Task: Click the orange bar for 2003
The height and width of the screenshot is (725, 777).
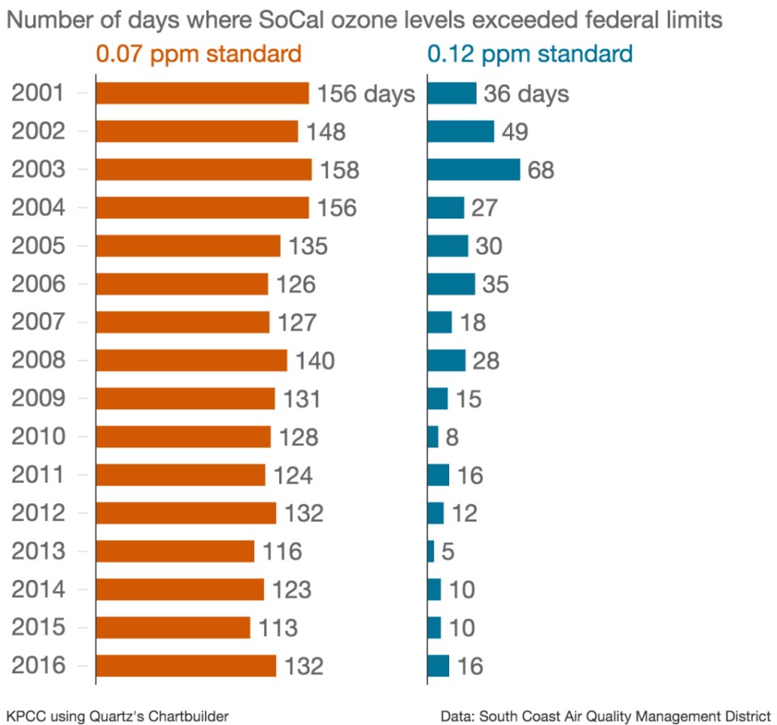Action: pos(203,169)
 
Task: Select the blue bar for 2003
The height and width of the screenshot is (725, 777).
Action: pos(473,169)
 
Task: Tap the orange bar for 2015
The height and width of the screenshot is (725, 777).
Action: pos(173,628)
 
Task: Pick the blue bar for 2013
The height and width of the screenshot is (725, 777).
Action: pos(431,552)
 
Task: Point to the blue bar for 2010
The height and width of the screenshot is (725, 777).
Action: pos(433,437)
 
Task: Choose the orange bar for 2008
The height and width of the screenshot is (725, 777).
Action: pos(191,360)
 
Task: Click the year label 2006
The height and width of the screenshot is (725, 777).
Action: pos(38,284)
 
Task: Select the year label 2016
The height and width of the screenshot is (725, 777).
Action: pos(38,666)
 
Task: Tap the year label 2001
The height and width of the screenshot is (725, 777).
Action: pos(38,93)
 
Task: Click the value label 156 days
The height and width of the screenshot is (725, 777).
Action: pos(366,94)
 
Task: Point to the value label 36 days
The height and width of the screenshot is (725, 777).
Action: pos(526,94)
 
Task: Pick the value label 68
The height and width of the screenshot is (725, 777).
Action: pos(541,170)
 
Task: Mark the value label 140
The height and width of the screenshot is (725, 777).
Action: pos(315,361)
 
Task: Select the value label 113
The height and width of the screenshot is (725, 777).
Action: pos(278,629)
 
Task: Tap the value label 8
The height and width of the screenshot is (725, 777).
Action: pos(452,438)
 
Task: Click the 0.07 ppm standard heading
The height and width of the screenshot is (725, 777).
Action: pos(199,54)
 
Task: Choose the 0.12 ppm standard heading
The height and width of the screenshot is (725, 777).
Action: pos(530,54)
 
